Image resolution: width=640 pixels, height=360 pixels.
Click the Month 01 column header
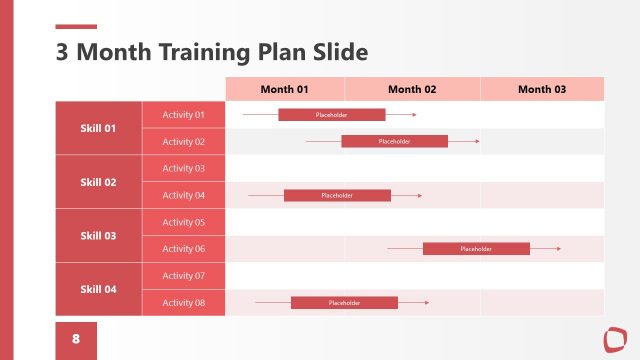(x=285, y=89)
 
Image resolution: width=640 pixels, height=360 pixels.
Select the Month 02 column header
(x=412, y=89)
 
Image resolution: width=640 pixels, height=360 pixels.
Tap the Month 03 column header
(x=542, y=89)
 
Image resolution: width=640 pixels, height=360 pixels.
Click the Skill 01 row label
(x=98, y=128)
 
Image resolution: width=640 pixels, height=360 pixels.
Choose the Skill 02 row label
(x=98, y=182)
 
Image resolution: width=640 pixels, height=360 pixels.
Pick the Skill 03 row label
(x=98, y=236)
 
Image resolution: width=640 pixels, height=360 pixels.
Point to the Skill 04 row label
(x=98, y=289)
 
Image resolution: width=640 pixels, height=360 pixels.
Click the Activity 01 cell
(x=184, y=115)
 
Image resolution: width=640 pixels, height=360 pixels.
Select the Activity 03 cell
(x=184, y=168)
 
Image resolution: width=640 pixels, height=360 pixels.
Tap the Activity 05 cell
(x=184, y=222)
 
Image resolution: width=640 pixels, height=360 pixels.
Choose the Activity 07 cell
(x=184, y=275)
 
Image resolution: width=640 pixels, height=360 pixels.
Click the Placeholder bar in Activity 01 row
(x=331, y=115)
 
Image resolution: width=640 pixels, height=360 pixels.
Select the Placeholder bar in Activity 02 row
(x=394, y=141)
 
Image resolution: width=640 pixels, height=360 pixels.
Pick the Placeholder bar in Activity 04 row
(x=337, y=195)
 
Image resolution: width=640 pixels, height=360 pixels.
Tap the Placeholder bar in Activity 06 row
(x=476, y=248)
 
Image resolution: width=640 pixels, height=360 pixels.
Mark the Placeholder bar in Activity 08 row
(x=344, y=302)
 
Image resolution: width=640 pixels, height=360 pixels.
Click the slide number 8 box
(x=76, y=339)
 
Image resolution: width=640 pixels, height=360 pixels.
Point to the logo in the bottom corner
(x=613, y=338)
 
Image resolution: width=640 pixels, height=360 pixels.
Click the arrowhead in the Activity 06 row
(x=558, y=248)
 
